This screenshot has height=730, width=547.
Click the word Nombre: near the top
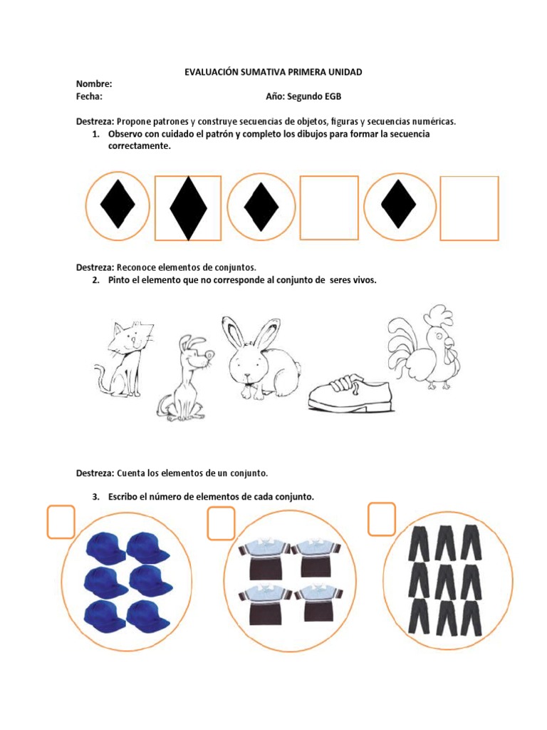[x=94, y=84]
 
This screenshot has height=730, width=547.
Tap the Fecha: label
[x=89, y=96]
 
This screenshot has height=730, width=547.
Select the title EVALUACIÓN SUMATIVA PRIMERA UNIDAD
[x=273, y=72]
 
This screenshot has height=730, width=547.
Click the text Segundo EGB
[x=314, y=96]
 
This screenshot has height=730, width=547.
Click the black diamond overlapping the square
[x=188, y=208]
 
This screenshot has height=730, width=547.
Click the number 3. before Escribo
[x=96, y=497]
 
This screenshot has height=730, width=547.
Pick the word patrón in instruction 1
[x=219, y=135]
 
